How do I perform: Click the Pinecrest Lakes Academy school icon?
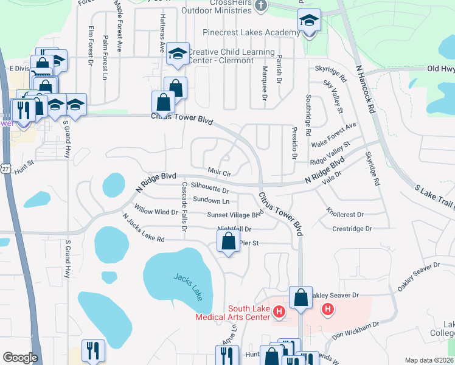click(x=309, y=22)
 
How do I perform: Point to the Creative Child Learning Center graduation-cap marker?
click(x=178, y=54)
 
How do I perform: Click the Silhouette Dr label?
click(x=209, y=187)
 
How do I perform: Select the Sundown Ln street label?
click(x=211, y=200)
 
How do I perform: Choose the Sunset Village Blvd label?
click(x=234, y=214)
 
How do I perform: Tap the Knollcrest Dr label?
click(x=344, y=214)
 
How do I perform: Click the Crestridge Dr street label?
click(x=352, y=229)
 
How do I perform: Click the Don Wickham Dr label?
click(x=356, y=328)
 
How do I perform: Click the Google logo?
click(x=20, y=358)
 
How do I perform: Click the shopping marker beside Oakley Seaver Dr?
click(x=300, y=298)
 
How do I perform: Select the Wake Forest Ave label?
click(x=333, y=134)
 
